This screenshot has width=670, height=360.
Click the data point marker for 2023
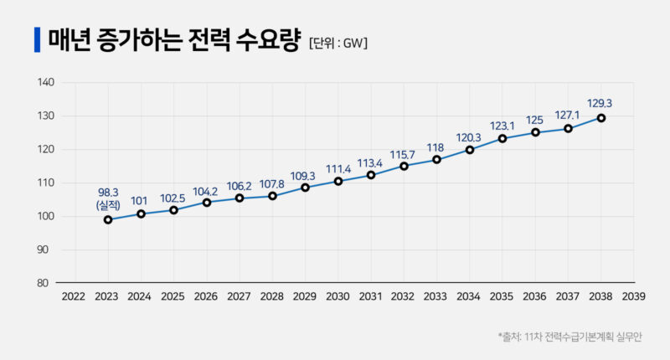[x=108, y=219]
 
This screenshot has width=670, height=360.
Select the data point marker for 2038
[x=600, y=118]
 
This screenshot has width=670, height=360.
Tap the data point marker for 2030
[x=338, y=181]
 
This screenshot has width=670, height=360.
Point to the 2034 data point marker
[x=470, y=150]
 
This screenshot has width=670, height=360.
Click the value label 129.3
[x=600, y=103]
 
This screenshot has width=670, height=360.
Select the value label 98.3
[x=109, y=192]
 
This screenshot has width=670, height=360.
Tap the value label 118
[x=436, y=147]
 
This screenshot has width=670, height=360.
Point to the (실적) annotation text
[x=109, y=204]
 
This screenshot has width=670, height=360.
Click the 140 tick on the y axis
[x=46, y=83]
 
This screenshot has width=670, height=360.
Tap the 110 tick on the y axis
[x=46, y=183]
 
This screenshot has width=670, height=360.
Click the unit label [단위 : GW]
[x=338, y=41]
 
